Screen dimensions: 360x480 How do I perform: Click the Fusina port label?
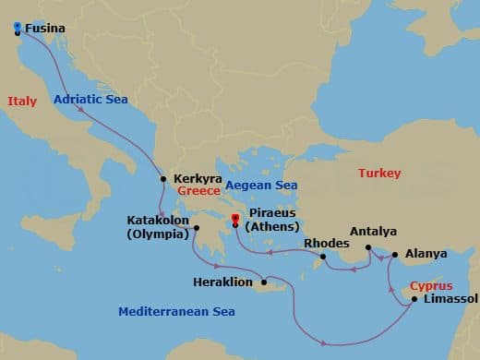[x=45, y=29]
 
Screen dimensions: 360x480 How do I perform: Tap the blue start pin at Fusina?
[x=18, y=28]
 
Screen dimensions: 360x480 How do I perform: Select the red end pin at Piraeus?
[x=234, y=220]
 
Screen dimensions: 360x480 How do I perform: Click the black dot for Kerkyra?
[x=163, y=179]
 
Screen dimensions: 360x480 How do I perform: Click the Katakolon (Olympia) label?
[x=159, y=227]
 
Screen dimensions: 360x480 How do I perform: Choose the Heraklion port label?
[x=225, y=282]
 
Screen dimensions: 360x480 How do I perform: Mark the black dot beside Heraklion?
[x=265, y=282]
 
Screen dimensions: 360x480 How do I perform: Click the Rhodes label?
[x=326, y=245]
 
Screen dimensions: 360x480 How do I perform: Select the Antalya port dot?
[x=367, y=247]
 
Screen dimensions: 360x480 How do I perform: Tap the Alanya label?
[x=426, y=254]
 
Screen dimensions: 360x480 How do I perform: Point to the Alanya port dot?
[x=395, y=254]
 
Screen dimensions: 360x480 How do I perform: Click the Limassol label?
[x=449, y=299]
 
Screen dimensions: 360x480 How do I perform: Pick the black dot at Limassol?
[x=414, y=299]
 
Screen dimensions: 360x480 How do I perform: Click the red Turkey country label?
[x=380, y=174]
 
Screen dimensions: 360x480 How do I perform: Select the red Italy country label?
[x=20, y=101]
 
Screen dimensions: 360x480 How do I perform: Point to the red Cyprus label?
[x=429, y=285]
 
